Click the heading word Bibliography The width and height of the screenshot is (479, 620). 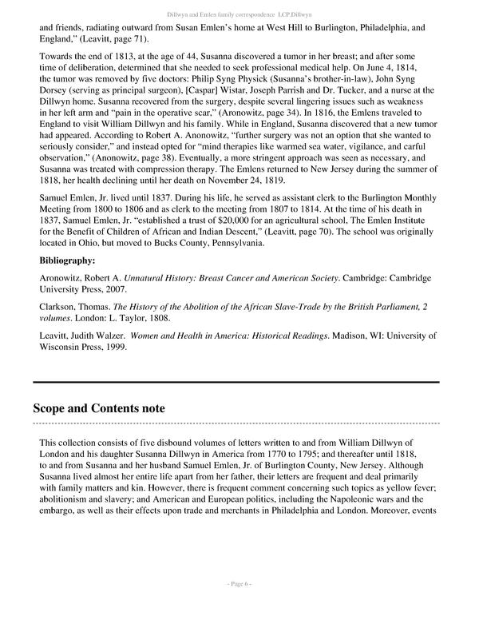pyautogui.click(x=73, y=260)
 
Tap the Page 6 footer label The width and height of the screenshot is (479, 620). pyautogui.click(x=239, y=606)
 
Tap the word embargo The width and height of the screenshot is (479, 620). pyautogui.click(x=60, y=509)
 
